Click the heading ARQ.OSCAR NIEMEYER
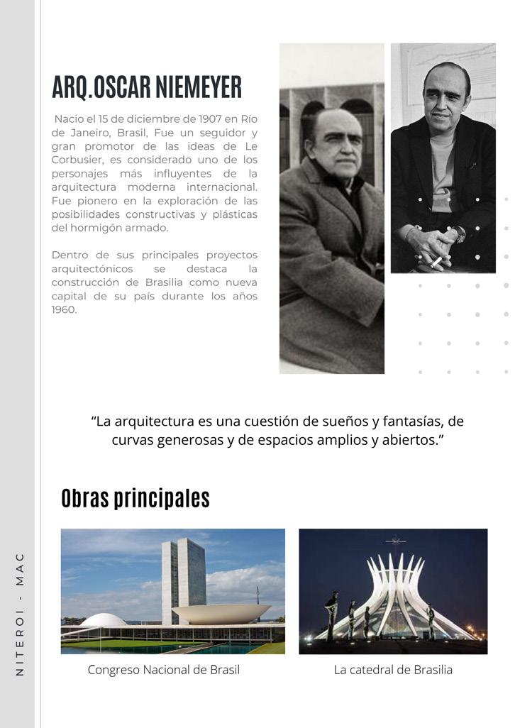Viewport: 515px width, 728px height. pos(147,87)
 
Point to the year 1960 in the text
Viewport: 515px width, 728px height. pos(64,309)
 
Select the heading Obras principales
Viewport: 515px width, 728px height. pos(135,498)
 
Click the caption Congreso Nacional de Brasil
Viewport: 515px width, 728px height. pos(164,670)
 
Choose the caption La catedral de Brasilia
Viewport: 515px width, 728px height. pos(393,670)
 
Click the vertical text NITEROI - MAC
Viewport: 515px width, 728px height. pos(20,614)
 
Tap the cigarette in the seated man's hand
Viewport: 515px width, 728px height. pos(436,262)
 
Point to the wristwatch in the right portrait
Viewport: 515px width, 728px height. pos(460,235)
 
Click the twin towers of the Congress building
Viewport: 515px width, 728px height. pos(183,578)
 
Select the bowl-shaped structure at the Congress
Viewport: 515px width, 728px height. pos(221,612)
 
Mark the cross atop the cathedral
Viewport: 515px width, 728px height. pos(395,541)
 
